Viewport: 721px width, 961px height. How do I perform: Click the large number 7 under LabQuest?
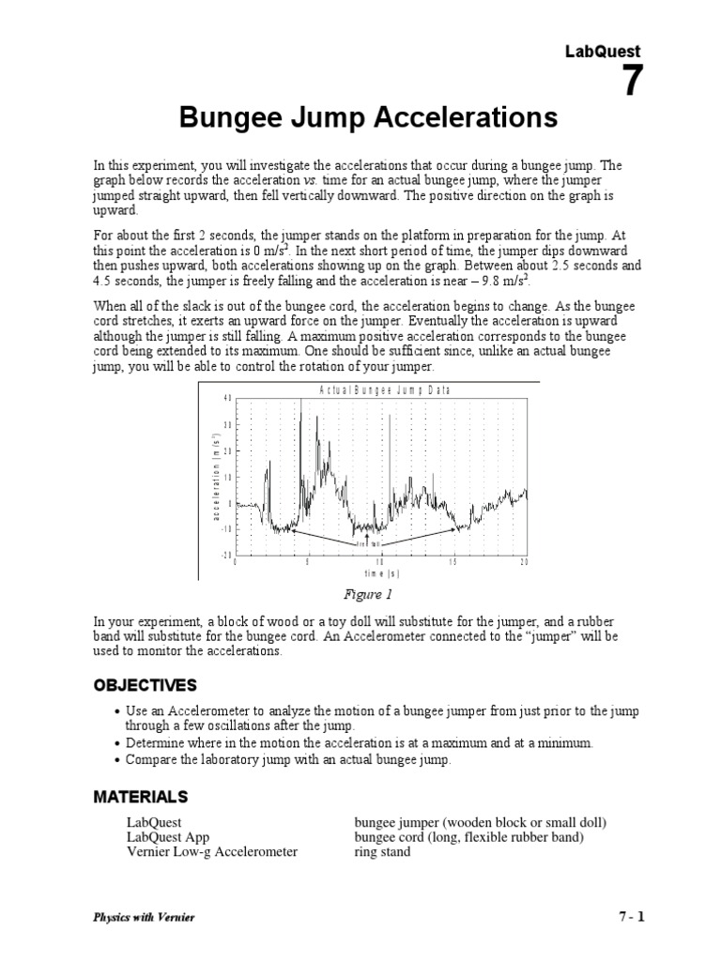coord(634,84)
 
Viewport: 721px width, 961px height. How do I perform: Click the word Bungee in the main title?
coord(232,119)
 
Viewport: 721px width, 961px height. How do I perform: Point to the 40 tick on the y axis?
coord(225,399)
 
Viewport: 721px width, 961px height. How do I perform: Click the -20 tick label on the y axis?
coord(225,555)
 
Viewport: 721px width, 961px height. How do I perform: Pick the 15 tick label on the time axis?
coord(453,561)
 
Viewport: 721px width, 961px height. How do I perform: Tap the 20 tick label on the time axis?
coord(525,561)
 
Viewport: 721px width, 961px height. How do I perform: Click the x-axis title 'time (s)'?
coord(382,572)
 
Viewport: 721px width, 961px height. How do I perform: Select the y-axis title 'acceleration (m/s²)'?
coord(214,476)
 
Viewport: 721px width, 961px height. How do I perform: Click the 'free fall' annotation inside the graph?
coord(368,542)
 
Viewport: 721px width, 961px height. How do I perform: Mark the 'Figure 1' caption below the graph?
coord(370,594)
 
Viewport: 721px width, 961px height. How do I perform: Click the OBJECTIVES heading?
coord(145,684)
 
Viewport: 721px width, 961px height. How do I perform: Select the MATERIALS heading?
coord(140,797)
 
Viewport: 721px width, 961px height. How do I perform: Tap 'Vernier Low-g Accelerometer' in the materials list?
coord(212,852)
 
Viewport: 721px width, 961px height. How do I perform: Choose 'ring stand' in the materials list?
coord(382,852)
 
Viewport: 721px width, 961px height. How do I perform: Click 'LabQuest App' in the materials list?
coord(166,838)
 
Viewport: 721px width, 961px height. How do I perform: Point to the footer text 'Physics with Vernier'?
coord(144,917)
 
